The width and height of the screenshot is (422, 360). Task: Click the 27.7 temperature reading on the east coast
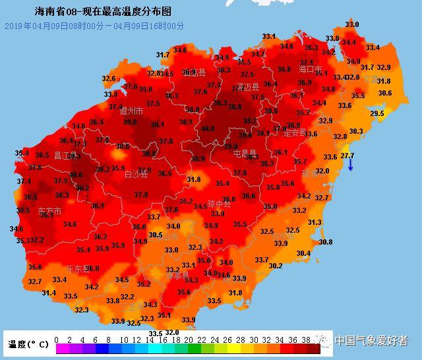pyautogui.click(x=347, y=156)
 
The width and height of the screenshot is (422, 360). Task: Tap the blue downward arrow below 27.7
pyautogui.click(x=351, y=165)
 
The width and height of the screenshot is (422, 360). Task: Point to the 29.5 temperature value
pyautogui.click(x=377, y=114)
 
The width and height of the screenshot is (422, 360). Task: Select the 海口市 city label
pyautogui.click(x=309, y=69)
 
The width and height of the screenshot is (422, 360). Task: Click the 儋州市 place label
pyautogui.click(x=131, y=111)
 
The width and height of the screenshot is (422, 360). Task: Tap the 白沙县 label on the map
pyautogui.click(x=136, y=175)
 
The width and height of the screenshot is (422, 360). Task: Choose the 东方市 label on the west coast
pyautogui.click(x=49, y=212)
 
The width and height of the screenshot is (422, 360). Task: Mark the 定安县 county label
pyautogui.click(x=295, y=133)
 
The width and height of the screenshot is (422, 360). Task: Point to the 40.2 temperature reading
pyautogui.click(x=82, y=188)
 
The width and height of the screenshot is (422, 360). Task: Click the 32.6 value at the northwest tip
pyautogui.click(x=109, y=78)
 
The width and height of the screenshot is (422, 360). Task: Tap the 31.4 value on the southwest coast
pyautogui.click(x=49, y=293)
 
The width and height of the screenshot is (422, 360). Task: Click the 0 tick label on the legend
pyautogui.click(x=57, y=340)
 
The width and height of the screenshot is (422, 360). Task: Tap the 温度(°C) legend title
pyautogui.click(x=28, y=344)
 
